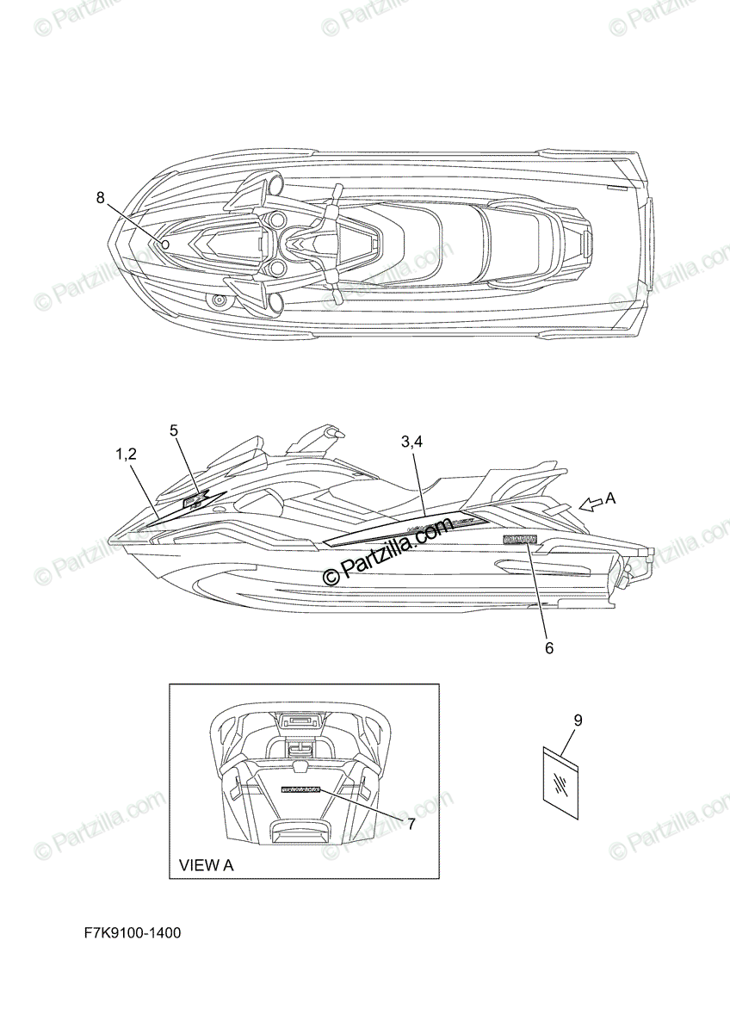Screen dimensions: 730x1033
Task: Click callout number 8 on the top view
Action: [x=100, y=198]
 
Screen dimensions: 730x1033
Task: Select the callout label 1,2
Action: [x=126, y=454]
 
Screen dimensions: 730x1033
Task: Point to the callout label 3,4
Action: [x=412, y=442]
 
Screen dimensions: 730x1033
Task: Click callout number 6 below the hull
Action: [x=549, y=647]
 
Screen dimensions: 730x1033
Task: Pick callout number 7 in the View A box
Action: [x=411, y=824]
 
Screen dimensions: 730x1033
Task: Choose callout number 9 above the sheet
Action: [x=578, y=721]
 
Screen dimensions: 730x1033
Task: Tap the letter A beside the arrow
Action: [x=611, y=498]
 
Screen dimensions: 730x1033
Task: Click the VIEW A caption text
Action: [x=206, y=865]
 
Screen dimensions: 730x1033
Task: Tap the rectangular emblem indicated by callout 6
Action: [x=520, y=540]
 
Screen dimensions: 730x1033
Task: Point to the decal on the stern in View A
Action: [x=299, y=789]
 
